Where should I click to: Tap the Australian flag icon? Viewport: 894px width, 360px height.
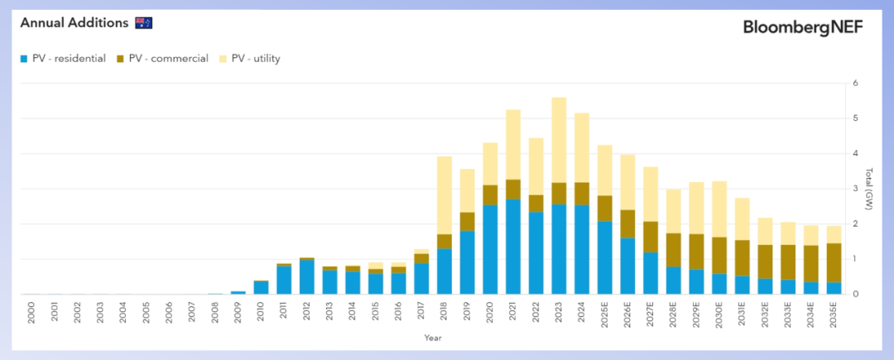click(x=144, y=22)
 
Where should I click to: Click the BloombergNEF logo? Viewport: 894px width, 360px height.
click(x=803, y=27)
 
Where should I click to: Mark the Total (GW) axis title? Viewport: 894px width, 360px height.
click(x=868, y=189)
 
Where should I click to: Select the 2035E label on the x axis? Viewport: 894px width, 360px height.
click(x=834, y=316)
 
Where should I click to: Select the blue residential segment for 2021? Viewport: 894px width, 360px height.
click(x=513, y=247)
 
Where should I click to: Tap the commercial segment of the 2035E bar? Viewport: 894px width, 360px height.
click(x=834, y=262)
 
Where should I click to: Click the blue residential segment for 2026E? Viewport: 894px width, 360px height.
click(x=628, y=266)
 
